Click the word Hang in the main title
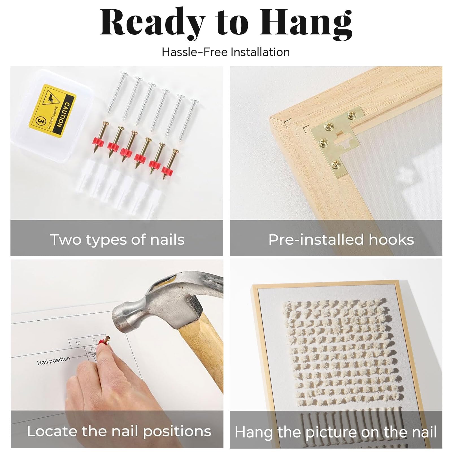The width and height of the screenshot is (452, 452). pos(306,24)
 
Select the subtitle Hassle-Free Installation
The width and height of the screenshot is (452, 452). pos(226,52)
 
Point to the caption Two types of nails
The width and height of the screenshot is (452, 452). pos(117,240)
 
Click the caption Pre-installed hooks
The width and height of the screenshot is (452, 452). pos(341,240)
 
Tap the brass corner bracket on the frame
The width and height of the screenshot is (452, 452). pos(338,141)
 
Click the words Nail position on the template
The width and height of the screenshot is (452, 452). pos(54,360)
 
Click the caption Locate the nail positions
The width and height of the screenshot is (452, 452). pos(119,431)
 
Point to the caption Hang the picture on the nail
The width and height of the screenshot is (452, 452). pos(336,432)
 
